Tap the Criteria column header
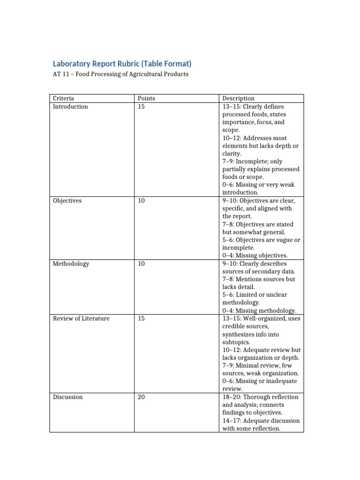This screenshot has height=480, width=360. pos(63,98)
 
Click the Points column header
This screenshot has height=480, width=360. pos(146,98)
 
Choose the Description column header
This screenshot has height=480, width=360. pos(238,98)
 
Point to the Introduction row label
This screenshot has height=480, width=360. pos(70,106)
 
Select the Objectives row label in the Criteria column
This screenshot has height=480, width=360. pos(67,201)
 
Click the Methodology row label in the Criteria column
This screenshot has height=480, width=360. pos(70,263)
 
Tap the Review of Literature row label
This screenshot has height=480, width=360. pos(81,318)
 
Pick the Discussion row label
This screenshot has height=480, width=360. pos(67,397)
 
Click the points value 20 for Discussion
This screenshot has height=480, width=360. pos(141,397)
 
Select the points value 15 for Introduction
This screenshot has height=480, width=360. pos(141,106)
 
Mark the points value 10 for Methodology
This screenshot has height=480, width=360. pos(141,263)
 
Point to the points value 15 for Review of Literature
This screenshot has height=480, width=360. pos(141,318)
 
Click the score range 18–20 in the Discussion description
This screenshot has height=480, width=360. pos(232,397)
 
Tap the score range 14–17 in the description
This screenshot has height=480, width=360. pos(232,420)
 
